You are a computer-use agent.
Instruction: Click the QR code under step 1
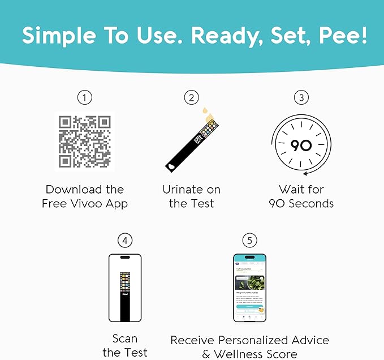click(x=84, y=142)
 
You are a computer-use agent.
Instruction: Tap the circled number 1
click(x=84, y=98)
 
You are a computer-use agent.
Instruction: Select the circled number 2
click(x=192, y=98)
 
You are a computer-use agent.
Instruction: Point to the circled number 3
click(x=301, y=98)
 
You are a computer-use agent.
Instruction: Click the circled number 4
click(x=124, y=241)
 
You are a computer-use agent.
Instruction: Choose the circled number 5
click(x=249, y=241)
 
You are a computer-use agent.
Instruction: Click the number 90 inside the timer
click(x=301, y=145)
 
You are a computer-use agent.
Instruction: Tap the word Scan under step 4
click(x=124, y=338)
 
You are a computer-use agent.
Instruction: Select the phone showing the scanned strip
click(x=124, y=288)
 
